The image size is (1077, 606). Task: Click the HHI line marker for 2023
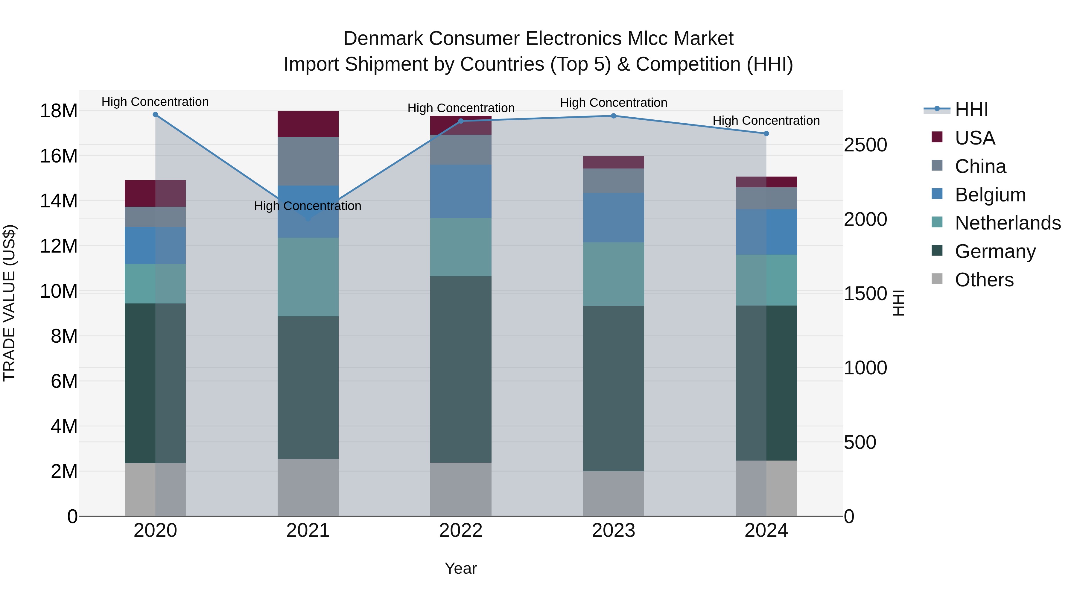tap(613, 116)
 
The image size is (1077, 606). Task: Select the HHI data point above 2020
tap(155, 115)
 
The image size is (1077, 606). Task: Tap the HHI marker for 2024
tap(766, 134)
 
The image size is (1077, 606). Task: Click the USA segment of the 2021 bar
tap(308, 124)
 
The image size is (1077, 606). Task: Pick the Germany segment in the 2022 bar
tap(460, 369)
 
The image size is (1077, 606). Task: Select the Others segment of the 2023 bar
tap(613, 493)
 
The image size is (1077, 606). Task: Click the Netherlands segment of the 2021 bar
tap(308, 277)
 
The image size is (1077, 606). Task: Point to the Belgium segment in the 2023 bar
tap(613, 218)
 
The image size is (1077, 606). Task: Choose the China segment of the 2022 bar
tap(460, 150)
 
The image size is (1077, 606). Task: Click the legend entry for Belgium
tap(990, 195)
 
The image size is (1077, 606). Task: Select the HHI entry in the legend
tap(971, 110)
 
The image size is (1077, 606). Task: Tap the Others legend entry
tap(984, 280)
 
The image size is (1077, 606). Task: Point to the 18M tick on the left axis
tap(59, 111)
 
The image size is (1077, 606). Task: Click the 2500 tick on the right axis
tap(865, 145)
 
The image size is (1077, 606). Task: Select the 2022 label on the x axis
tap(460, 531)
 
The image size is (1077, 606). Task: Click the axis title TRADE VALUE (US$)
tap(9, 303)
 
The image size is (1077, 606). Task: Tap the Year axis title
tap(460, 568)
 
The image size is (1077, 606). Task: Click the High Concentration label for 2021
tap(308, 206)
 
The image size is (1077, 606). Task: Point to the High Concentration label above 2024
tap(766, 120)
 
